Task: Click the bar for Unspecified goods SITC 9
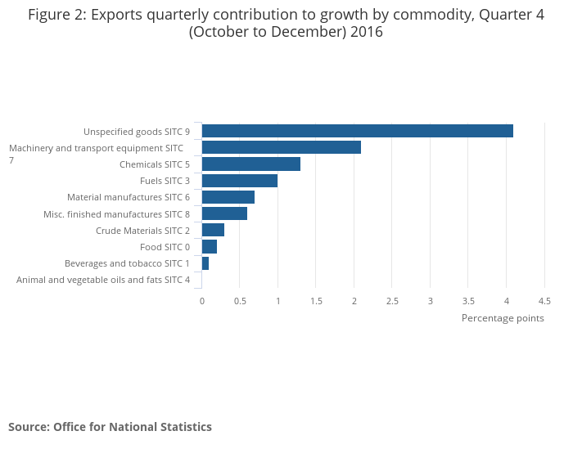tap(357, 131)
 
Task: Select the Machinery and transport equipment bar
tap(281, 147)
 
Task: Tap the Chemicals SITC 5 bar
tap(250, 164)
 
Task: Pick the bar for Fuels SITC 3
tap(239, 181)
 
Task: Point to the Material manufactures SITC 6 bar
tap(228, 197)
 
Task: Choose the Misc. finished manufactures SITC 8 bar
tap(224, 213)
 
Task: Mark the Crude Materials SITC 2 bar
tap(213, 230)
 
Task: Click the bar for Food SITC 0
tap(209, 247)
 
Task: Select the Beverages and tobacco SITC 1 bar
tap(205, 263)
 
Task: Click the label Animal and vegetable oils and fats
tap(103, 280)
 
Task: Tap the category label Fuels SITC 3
tap(165, 181)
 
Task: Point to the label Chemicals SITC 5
tap(154, 164)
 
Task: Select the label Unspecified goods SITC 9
tap(137, 132)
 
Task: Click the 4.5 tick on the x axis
tap(544, 301)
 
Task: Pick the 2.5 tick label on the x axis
tap(392, 301)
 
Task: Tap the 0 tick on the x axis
tap(202, 301)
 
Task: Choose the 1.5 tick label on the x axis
tap(316, 301)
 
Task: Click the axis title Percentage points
tap(503, 318)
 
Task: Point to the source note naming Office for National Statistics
tap(110, 427)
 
